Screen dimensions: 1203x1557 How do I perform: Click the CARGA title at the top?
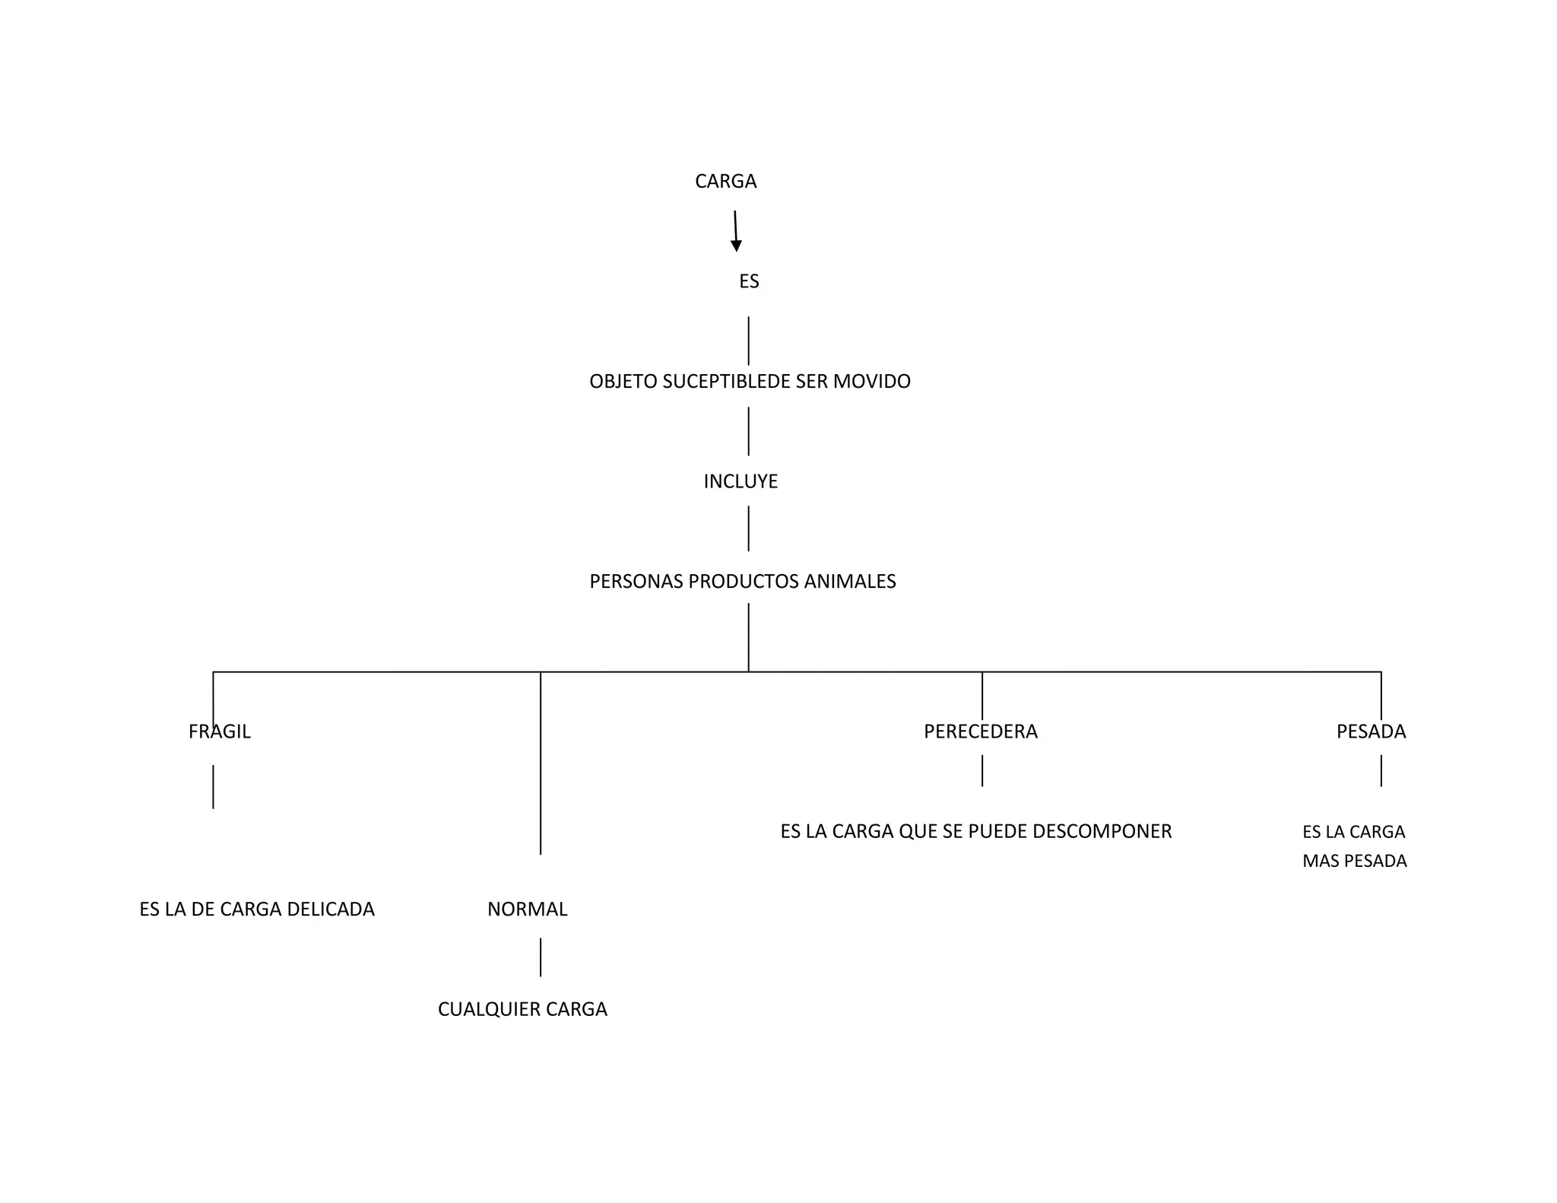(x=725, y=182)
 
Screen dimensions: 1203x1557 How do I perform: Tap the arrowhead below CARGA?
(x=736, y=246)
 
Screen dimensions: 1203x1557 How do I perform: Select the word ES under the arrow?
(x=749, y=282)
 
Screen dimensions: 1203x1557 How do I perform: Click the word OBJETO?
(x=623, y=382)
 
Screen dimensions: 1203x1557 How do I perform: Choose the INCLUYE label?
(x=740, y=482)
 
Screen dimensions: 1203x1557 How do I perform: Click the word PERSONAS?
(x=636, y=582)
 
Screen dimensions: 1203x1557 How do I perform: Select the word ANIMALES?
(x=850, y=582)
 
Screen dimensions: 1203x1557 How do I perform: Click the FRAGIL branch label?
(x=220, y=732)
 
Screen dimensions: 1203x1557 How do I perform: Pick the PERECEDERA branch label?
(x=981, y=732)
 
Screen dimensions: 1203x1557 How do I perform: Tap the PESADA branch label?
(x=1371, y=732)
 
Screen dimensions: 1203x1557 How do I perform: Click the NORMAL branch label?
(x=527, y=909)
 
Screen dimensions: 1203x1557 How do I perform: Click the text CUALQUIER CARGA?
(x=522, y=1010)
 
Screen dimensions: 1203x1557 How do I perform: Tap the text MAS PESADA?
(x=1354, y=862)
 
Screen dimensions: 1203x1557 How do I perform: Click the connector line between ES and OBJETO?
(x=748, y=341)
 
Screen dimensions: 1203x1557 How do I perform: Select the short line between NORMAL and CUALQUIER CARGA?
(x=541, y=957)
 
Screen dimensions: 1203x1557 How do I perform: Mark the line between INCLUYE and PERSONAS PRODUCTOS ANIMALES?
(x=748, y=528)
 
